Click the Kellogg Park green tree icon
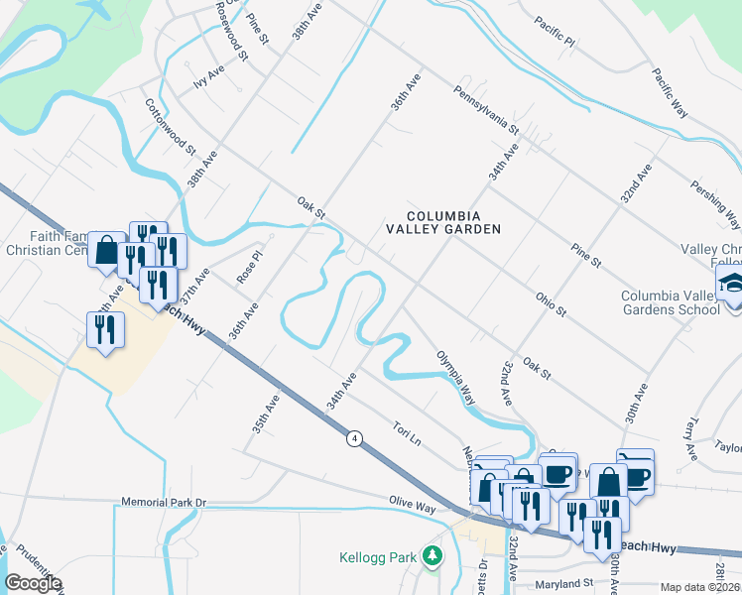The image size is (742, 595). click(432, 556)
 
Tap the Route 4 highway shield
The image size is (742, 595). click(353, 437)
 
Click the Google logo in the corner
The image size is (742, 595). click(33, 582)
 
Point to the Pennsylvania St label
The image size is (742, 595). click(486, 109)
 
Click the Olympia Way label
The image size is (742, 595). click(455, 378)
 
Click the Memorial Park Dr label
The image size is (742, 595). click(163, 503)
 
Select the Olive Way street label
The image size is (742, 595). click(412, 507)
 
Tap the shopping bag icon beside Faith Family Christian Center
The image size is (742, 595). click(106, 250)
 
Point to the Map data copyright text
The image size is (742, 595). click(700, 587)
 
